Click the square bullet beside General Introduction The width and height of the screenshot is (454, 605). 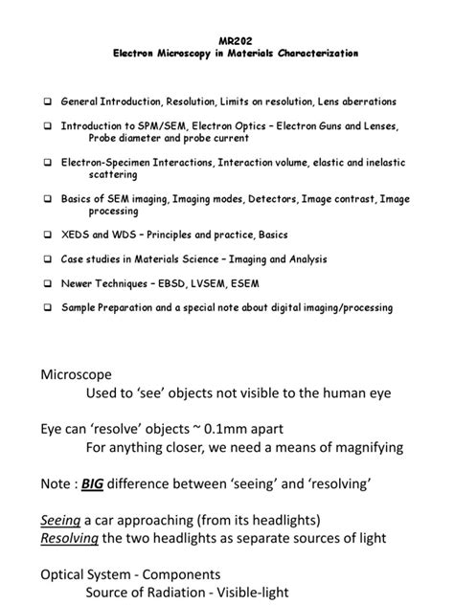click(x=48, y=101)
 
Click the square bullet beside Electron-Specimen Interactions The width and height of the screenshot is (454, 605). click(x=48, y=162)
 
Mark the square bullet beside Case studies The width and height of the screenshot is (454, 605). click(x=48, y=259)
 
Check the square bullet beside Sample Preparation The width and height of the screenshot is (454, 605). click(x=48, y=307)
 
